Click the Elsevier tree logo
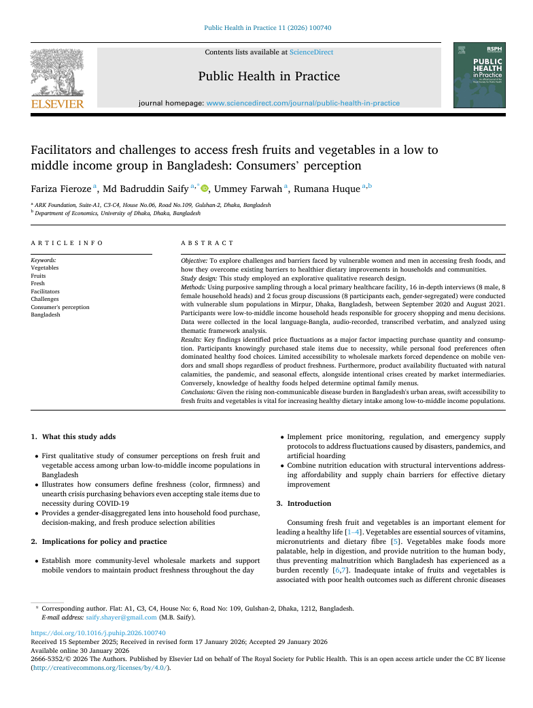coord(57,74)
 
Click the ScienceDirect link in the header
coord(311,52)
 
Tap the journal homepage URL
coord(303,103)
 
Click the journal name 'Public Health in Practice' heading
coord(269,76)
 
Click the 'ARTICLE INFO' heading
coord(67,242)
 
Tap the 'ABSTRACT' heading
coord(207,242)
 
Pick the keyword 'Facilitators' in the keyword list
coord(46,291)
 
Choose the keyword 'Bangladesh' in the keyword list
coord(46,315)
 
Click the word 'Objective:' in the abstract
coord(194,261)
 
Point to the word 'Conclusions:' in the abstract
coord(198,393)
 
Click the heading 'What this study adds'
coord(78,436)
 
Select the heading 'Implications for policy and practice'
coord(104,541)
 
